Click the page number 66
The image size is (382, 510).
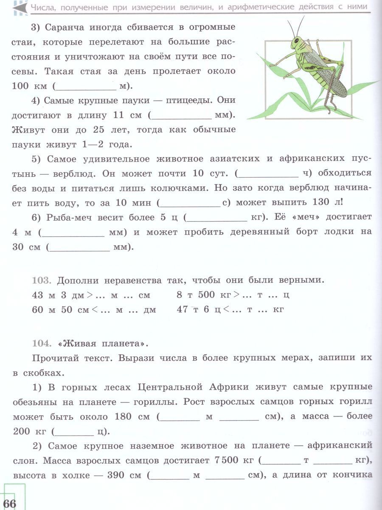pyautogui.click(x=9, y=503)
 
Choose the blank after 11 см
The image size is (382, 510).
pyautogui.click(x=182, y=115)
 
